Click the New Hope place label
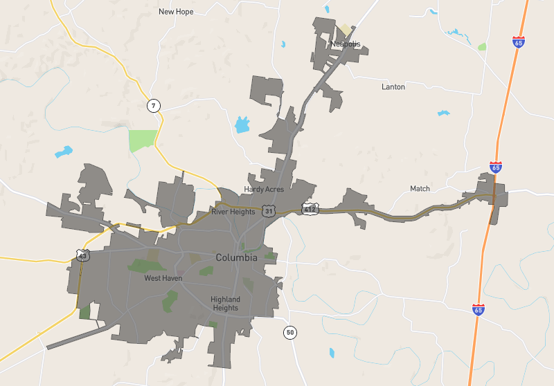click(x=176, y=12)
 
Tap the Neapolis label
click(x=346, y=44)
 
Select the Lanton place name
click(x=393, y=87)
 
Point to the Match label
click(x=420, y=189)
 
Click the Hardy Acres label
click(x=264, y=190)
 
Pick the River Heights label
click(x=233, y=212)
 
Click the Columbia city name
click(x=236, y=257)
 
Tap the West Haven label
click(x=163, y=278)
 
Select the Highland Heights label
click(x=225, y=304)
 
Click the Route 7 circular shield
click(x=154, y=106)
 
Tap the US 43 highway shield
click(x=84, y=255)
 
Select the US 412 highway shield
click(x=310, y=208)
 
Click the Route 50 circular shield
click(x=289, y=333)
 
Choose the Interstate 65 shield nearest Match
click(x=495, y=167)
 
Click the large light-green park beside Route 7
click(x=143, y=140)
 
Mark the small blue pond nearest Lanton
click(x=443, y=113)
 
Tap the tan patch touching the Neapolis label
click(x=344, y=30)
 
